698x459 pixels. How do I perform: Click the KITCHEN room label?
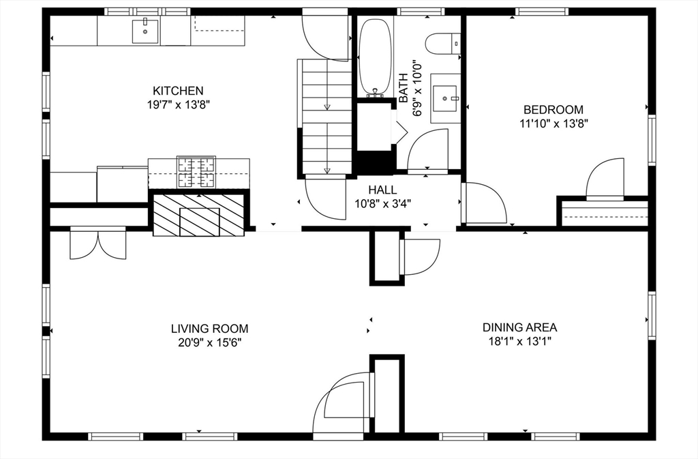(x=178, y=91)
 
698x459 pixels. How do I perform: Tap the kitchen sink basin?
(x=145, y=31)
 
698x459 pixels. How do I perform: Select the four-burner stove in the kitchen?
(x=196, y=173)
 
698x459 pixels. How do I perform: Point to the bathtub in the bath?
(x=376, y=57)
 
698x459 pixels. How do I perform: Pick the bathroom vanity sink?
(x=445, y=98)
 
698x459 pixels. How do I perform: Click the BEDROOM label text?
(x=553, y=110)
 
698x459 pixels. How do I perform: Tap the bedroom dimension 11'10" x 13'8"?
(x=554, y=123)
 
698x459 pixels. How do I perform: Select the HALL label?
(x=382, y=190)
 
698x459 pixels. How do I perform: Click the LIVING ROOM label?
(x=210, y=329)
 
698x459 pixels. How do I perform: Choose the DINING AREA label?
(x=519, y=327)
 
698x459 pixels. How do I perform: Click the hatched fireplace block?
(x=199, y=215)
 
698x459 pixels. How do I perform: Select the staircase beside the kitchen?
(x=327, y=117)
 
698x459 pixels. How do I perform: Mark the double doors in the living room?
(x=98, y=243)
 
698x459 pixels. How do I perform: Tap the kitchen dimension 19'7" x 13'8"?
(x=178, y=105)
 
